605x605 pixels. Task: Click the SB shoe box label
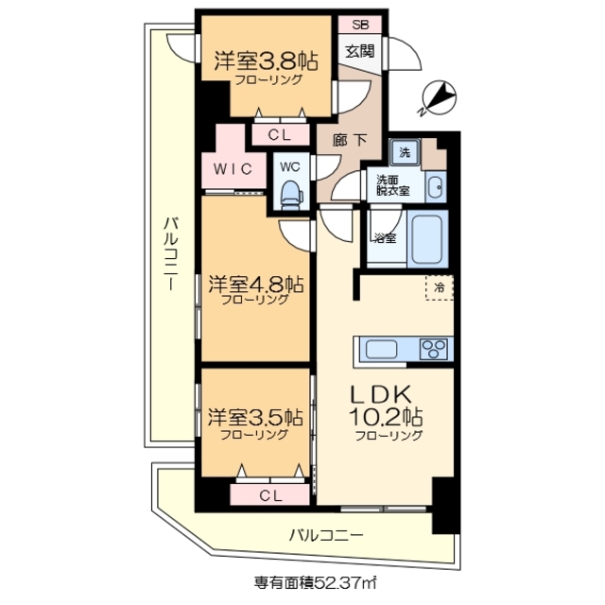360,26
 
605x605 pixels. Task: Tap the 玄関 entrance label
360,52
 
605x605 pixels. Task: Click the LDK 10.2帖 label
389,406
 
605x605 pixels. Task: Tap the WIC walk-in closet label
231,170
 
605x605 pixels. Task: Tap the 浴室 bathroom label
384,236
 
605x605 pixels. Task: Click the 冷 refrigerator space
440,285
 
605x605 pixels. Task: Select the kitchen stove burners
432,348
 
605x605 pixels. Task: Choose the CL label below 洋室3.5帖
269,495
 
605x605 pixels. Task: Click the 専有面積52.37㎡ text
302,582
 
